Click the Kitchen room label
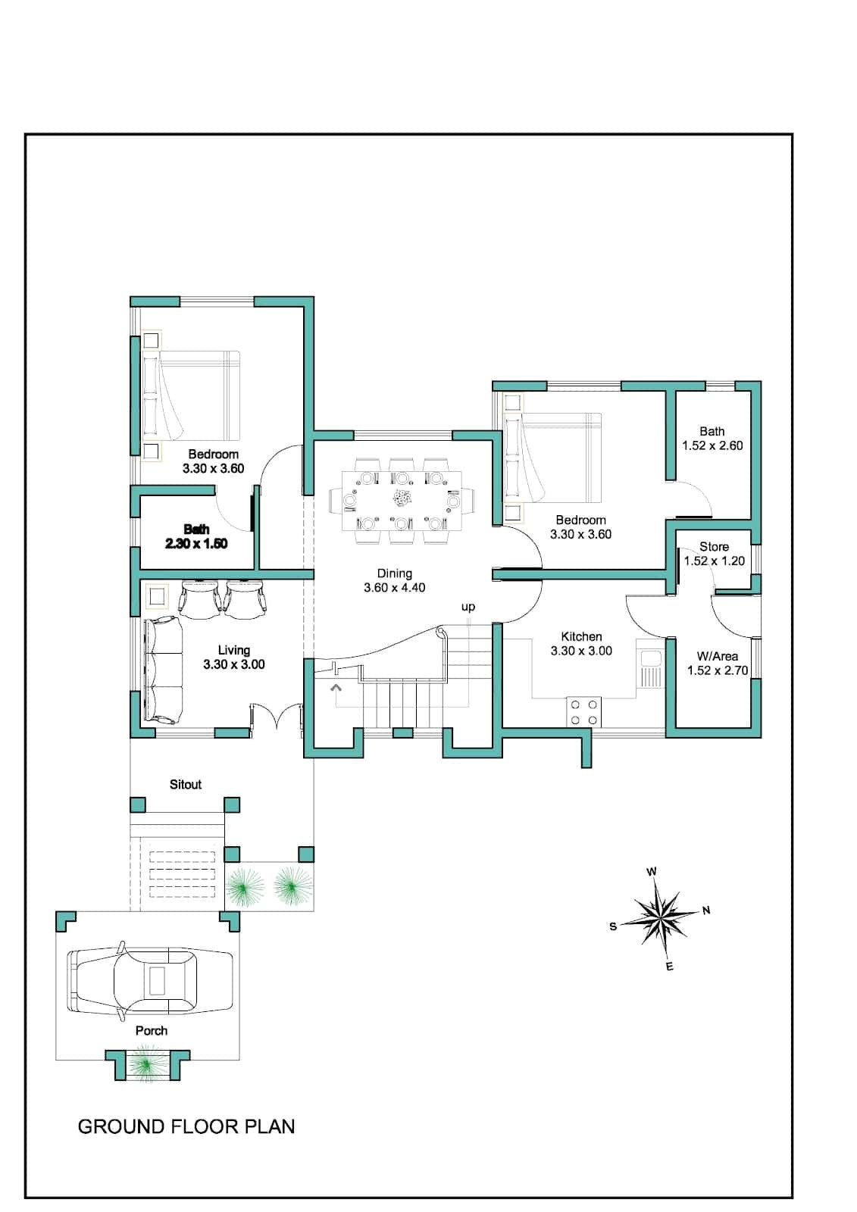[581, 636]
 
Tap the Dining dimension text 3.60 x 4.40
[394, 588]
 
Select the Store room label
[714, 546]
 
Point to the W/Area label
[717, 656]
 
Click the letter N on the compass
[706, 911]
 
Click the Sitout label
[185, 784]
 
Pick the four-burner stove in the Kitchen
[583, 711]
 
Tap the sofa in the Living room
[162, 670]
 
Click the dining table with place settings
[401, 501]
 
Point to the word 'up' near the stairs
[468, 607]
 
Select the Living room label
[234, 650]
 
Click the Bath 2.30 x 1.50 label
[196, 536]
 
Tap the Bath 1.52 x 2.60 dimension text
[712, 445]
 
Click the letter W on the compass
[652, 871]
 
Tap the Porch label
[151, 1031]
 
